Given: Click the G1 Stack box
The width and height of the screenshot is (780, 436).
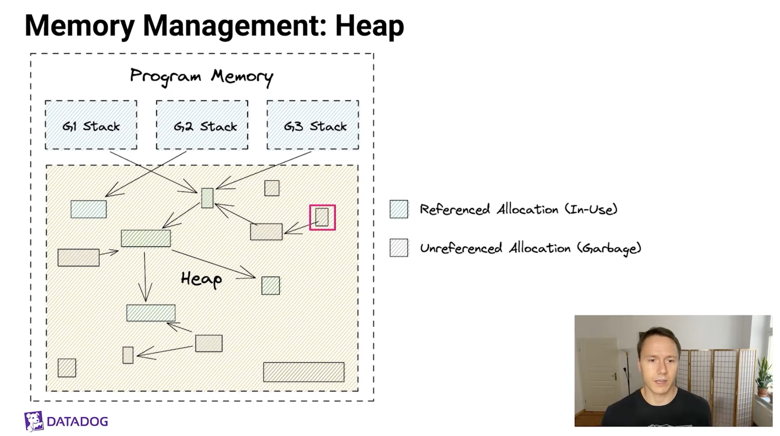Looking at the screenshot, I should coord(91,125).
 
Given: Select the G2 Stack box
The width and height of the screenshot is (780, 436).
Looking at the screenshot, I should coord(202,125).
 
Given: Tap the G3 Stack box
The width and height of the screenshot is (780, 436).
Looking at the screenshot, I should coord(313,125).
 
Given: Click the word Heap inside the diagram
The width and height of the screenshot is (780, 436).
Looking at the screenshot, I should coord(201,279).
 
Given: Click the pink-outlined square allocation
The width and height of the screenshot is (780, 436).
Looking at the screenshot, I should coord(322,217).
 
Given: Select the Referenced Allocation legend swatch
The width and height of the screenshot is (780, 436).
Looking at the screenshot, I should coord(399,209).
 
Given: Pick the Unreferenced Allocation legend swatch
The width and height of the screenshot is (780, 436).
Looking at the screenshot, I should coord(399,248).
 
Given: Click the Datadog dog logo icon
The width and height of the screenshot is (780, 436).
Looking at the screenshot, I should coord(34,421).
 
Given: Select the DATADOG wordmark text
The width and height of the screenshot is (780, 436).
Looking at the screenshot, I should coord(77,422).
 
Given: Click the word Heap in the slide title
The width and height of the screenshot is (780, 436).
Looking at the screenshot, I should coord(369,26).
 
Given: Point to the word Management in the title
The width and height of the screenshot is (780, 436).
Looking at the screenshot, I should coord(234,26).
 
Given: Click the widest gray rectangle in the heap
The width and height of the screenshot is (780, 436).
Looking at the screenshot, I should coord(303,372).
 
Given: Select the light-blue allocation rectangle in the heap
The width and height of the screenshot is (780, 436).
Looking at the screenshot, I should coord(89,209).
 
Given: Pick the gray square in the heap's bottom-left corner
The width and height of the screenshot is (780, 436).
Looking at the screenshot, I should coord(67,368).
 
